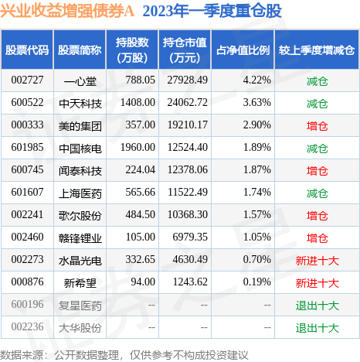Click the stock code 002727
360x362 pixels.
click(x=27, y=80)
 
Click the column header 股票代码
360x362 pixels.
click(x=27, y=50)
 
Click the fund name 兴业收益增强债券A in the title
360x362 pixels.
click(x=67, y=12)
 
